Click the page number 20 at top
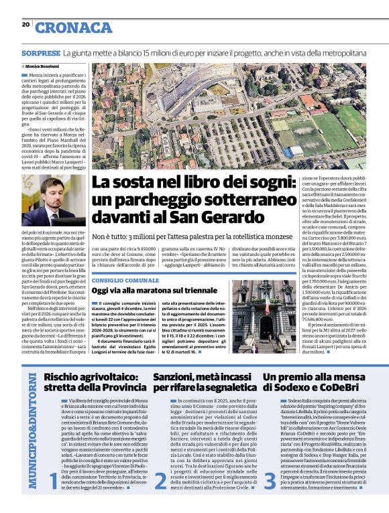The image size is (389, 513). click(25, 25)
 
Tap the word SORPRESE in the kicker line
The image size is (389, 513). click(40, 52)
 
